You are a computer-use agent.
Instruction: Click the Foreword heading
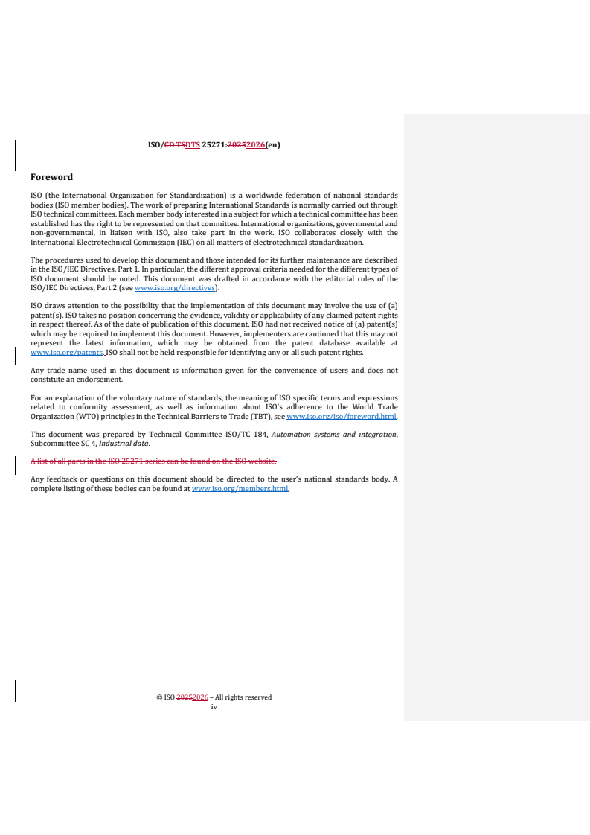(51, 177)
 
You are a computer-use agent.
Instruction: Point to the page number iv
(214, 707)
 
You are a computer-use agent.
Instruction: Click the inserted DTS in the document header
(192, 145)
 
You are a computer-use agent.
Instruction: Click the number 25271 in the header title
(214, 145)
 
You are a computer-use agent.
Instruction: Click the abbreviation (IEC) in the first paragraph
(176, 242)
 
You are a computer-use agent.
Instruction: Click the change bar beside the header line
(16, 151)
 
